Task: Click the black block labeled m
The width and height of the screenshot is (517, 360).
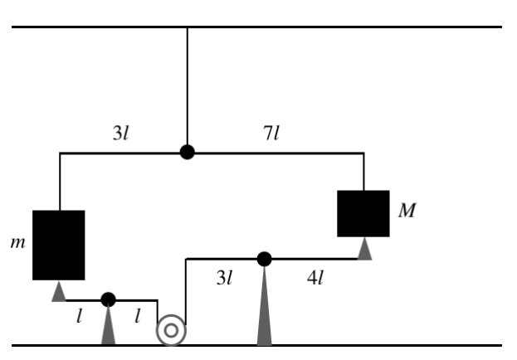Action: point(59,246)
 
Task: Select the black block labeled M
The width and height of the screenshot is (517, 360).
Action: point(363,214)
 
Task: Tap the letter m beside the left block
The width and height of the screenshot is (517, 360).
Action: point(17,243)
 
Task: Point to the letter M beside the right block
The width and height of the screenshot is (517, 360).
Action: point(407,210)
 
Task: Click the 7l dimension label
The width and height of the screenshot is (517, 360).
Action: point(271,134)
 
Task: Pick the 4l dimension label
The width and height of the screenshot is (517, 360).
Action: point(315,278)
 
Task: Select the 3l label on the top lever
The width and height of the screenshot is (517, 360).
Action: point(120,134)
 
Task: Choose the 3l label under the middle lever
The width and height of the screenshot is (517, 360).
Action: point(225,278)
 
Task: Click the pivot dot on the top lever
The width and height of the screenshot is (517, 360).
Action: point(188,152)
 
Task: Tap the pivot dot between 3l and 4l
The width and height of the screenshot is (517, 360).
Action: point(265,259)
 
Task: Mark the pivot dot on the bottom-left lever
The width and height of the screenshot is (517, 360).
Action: point(108,299)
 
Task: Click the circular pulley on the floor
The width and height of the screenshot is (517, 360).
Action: point(171,330)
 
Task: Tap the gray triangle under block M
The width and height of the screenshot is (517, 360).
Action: point(364,249)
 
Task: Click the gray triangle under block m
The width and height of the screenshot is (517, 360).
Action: point(59,291)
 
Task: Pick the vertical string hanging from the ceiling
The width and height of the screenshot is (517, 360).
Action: point(188,86)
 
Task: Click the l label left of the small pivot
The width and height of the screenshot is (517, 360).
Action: point(79,316)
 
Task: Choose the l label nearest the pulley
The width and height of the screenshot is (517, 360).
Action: point(138,316)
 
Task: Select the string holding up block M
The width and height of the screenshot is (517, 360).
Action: point(363,172)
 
